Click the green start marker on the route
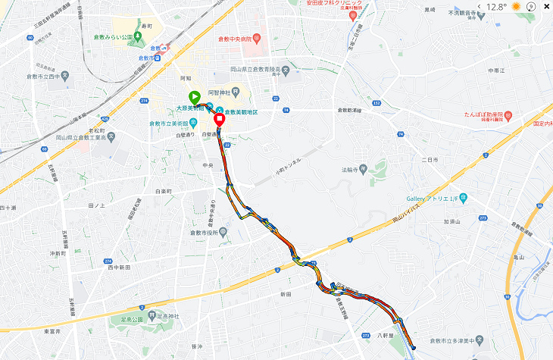194,96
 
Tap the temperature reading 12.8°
497,6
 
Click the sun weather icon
517,6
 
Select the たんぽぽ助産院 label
485,116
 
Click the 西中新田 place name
119,267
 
